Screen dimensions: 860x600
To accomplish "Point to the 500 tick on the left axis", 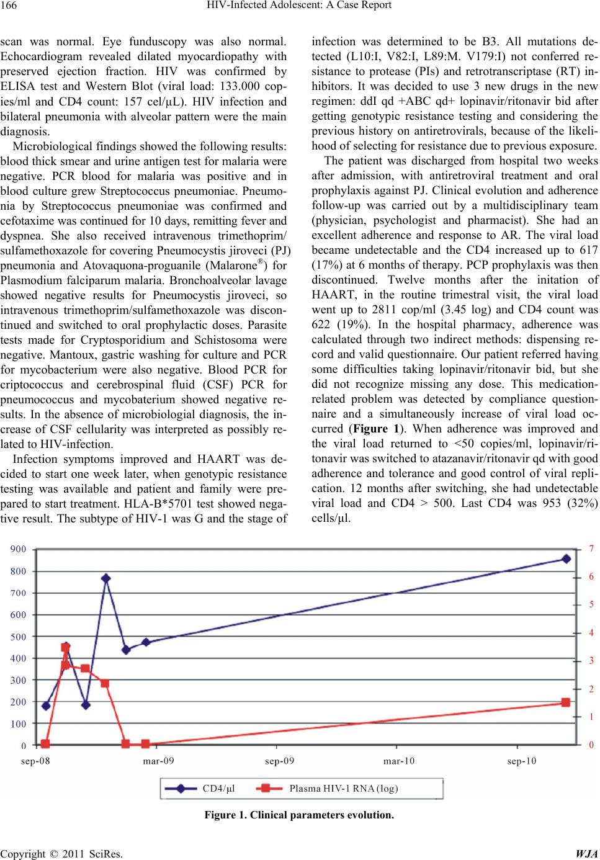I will coord(17,637).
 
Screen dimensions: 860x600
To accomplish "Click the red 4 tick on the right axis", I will coord(591,633).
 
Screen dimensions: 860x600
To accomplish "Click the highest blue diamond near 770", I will coord(106,578).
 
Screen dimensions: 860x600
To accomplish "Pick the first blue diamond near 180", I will coord(46,705).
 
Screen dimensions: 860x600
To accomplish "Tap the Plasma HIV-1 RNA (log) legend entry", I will coord(343,789).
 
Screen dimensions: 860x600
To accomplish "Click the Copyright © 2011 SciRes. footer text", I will coord(61,854).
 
